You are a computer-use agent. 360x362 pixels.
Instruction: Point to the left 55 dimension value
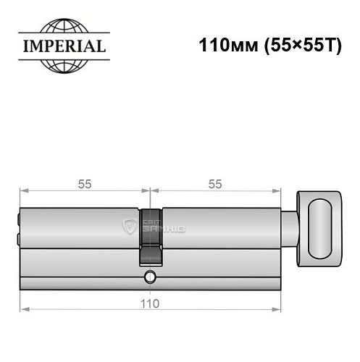[x=85, y=184]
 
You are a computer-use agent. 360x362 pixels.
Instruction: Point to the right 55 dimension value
[x=215, y=184]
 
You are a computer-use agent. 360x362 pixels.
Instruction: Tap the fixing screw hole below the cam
[x=150, y=277]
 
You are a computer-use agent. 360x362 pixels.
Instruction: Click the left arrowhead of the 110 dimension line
[x=22, y=311]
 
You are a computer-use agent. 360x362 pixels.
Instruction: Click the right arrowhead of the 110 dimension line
[x=277, y=311]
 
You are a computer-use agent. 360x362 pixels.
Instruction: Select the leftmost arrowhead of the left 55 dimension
[x=22, y=193]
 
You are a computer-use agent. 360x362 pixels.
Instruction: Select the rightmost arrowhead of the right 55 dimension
[x=277, y=193]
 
